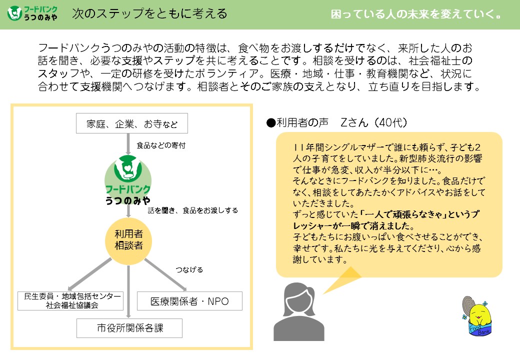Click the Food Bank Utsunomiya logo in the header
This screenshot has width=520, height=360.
tap(32, 13)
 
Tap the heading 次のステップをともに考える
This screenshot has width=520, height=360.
tap(149, 13)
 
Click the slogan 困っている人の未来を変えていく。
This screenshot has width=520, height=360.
tap(416, 14)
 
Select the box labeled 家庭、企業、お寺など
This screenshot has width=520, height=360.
tap(132, 123)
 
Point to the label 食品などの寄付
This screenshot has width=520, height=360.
tap(161, 145)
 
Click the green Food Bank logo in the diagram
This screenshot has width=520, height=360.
tap(128, 179)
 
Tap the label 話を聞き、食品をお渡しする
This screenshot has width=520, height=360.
tap(193, 210)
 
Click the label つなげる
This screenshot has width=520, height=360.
tap(189, 269)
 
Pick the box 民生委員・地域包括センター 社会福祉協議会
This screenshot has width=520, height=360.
tap(70, 300)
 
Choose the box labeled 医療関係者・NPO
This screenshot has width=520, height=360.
tap(189, 301)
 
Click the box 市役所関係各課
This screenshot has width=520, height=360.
tap(129, 328)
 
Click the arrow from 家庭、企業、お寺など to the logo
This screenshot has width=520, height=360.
tap(128, 144)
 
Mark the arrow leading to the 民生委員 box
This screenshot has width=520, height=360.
tap(89, 274)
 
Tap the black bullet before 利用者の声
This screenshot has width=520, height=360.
tap(271, 123)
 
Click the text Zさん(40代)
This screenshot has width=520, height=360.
tap(374, 122)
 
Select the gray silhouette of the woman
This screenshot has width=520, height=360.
tap(299, 311)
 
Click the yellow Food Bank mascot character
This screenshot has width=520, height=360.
tap(476, 316)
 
